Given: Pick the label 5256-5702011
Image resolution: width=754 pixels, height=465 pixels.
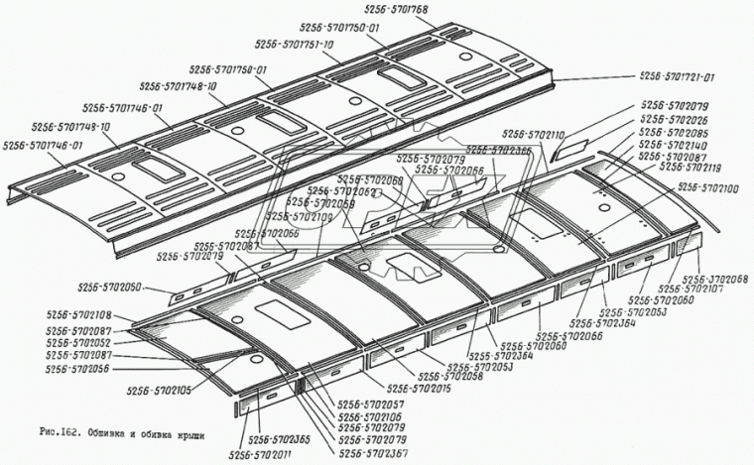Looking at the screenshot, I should point(262,454).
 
